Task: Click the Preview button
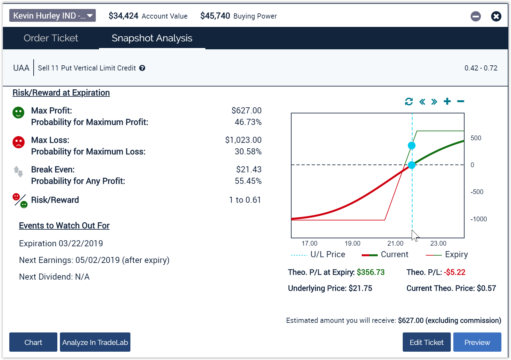point(477,342)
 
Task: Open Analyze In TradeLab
point(95,342)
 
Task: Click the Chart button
point(33,342)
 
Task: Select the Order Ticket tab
point(51,38)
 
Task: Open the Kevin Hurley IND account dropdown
point(53,15)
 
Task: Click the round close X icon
point(496,16)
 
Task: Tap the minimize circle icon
point(475,16)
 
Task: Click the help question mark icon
point(142,68)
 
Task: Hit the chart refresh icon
point(409,102)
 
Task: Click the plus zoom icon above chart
point(447,102)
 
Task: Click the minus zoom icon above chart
point(461,102)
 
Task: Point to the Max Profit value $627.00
point(246,110)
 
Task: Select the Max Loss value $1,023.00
point(243,140)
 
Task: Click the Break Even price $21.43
point(249,169)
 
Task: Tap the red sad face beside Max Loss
point(19,142)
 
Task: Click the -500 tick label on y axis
point(477,192)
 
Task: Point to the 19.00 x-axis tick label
point(352,243)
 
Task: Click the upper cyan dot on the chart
point(412,146)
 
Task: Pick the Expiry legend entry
point(447,255)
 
